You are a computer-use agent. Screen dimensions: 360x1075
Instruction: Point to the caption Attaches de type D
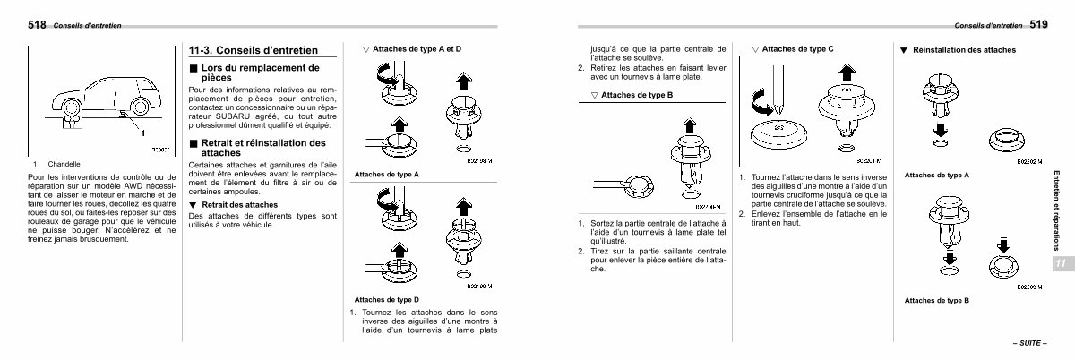(x=386, y=298)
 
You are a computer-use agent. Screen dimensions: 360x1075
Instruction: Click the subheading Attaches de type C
(x=797, y=49)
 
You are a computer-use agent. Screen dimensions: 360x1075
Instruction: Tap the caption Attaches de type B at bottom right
(x=936, y=300)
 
